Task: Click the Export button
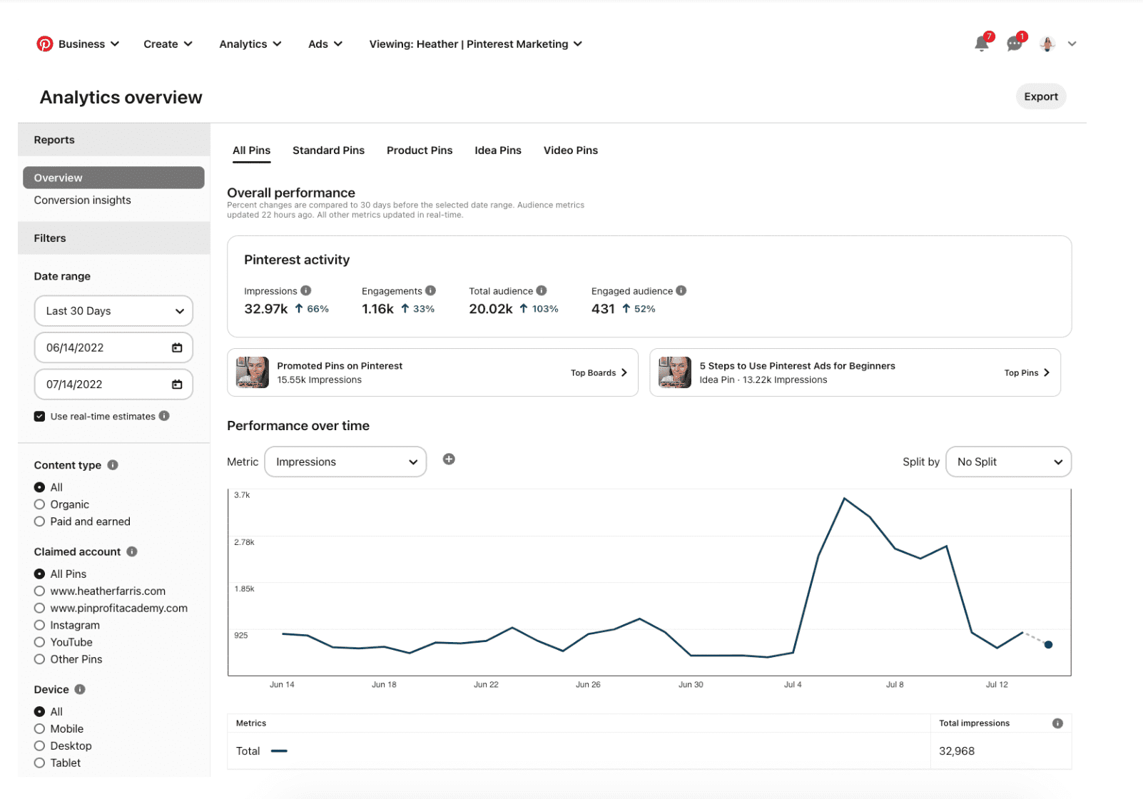pyautogui.click(x=1040, y=96)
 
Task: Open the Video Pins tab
pyautogui.click(x=570, y=151)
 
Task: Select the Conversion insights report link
pyautogui.click(x=82, y=200)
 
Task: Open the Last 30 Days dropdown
pyautogui.click(x=113, y=311)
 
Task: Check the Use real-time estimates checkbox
pyautogui.click(x=40, y=417)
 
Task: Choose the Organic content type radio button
pyautogui.click(x=40, y=504)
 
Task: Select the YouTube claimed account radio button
pyautogui.click(x=40, y=642)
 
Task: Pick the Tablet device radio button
pyautogui.click(x=40, y=763)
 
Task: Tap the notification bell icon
pyautogui.click(x=981, y=44)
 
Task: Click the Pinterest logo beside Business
pyautogui.click(x=45, y=44)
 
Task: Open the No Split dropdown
pyautogui.click(x=1008, y=462)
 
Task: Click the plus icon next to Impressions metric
pyautogui.click(x=449, y=459)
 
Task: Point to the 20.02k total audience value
pyautogui.click(x=491, y=309)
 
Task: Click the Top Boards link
pyautogui.click(x=599, y=373)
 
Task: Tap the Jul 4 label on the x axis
pyautogui.click(x=793, y=685)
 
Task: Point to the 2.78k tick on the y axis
pyautogui.click(x=244, y=542)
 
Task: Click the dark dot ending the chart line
pyautogui.click(x=1048, y=645)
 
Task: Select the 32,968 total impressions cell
pyautogui.click(x=957, y=751)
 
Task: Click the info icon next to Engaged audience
pyautogui.click(x=681, y=291)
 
